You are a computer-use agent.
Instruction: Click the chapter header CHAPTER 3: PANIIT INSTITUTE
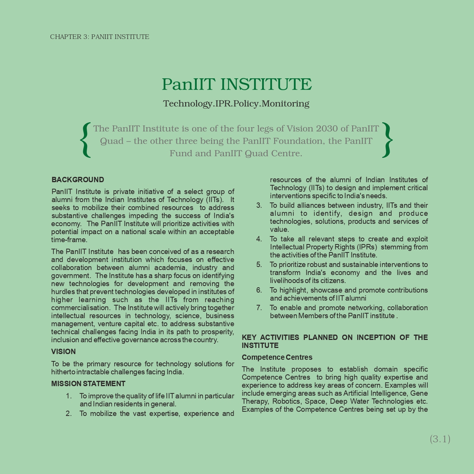point(100,37)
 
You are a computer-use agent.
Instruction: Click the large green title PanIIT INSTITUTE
point(237,84)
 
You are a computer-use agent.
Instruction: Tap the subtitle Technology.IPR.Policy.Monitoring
point(236,104)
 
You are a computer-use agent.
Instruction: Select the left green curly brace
point(86,140)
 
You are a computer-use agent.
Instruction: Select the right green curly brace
point(387,140)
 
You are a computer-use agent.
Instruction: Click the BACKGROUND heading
point(78,180)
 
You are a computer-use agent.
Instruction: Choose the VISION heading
point(63,352)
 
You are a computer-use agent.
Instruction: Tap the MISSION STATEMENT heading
point(88,384)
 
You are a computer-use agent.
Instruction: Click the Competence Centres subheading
point(277,358)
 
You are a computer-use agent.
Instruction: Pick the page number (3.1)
point(440,439)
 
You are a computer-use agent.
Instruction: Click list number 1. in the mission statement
point(69,396)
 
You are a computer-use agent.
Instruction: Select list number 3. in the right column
point(259,205)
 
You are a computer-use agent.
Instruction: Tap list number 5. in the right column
point(259,265)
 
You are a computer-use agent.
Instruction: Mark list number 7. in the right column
point(259,308)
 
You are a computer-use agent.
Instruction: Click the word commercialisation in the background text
point(80,308)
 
